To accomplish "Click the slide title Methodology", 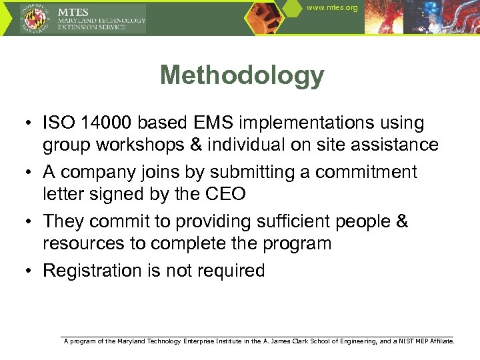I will [x=242, y=75].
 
